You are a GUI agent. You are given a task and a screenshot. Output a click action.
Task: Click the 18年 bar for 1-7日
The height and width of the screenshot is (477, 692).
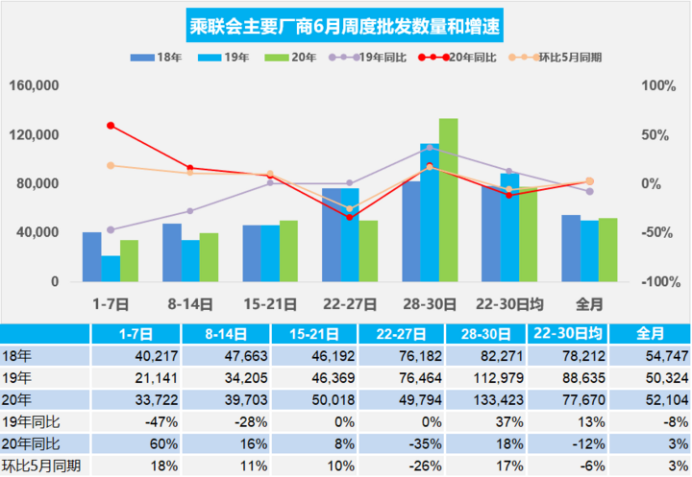pos(91,256)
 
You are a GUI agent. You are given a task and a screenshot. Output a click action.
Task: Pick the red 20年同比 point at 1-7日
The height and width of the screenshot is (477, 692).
pos(111,126)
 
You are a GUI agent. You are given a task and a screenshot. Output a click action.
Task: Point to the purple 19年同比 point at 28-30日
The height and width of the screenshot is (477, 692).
pos(430,148)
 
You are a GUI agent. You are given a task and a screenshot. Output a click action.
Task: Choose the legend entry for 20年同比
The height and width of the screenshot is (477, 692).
pos(461,58)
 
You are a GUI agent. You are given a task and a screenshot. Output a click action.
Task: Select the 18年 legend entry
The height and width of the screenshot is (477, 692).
pos(157,58)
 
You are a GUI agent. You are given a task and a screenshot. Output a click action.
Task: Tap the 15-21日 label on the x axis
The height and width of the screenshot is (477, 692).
pos(270,303)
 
